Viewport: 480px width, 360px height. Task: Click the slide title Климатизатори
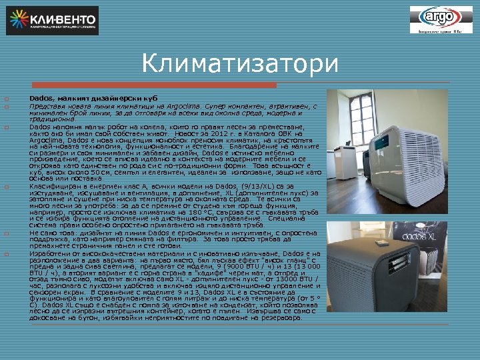click(x=240, y=65)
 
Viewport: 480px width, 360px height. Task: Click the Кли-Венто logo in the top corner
click(x=52, y=20)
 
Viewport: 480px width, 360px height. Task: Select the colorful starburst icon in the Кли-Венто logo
click(x=19, y=20)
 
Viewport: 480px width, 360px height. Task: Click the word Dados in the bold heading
click(x=40, y=98)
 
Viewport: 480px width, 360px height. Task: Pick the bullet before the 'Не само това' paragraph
click(x=5, y=233)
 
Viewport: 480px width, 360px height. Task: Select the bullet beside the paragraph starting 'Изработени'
click(x=5, y=254)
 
